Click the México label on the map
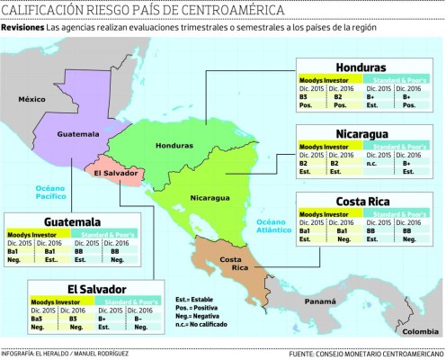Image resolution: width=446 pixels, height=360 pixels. (33, 99)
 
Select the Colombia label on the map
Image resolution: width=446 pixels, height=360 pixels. (418, 331)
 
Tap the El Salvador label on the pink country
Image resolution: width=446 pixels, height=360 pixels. (113, 169)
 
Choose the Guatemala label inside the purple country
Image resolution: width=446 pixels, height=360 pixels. (76, 134)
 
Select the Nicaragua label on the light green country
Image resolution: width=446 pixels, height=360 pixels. (210, 197)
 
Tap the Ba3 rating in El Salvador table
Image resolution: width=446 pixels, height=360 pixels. (39, 319)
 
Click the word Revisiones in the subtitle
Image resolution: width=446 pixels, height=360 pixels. (22, 29)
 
